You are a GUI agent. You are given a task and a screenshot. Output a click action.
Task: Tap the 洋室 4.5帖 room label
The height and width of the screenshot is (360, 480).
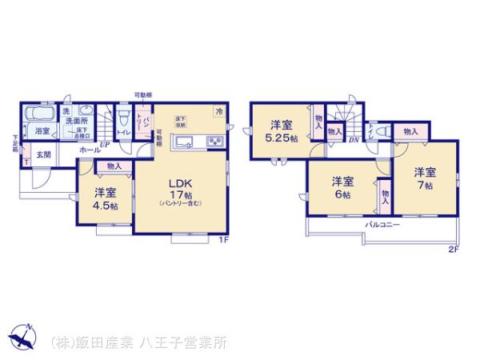coord(104,197)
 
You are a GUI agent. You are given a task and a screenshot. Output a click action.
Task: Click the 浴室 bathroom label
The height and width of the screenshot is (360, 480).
coord(42,129)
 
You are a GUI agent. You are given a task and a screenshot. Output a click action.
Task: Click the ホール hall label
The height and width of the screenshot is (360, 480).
coord(90,150)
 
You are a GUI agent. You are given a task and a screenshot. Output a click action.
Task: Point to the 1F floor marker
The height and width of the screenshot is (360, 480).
coord(225,238)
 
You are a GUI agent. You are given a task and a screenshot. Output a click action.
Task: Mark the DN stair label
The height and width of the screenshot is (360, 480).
coord(353,141)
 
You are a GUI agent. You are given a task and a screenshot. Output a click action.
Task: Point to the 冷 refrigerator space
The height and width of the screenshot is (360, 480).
coord(218,112)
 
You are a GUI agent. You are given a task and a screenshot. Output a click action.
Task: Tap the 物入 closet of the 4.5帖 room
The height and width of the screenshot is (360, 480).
coord(113,166)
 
